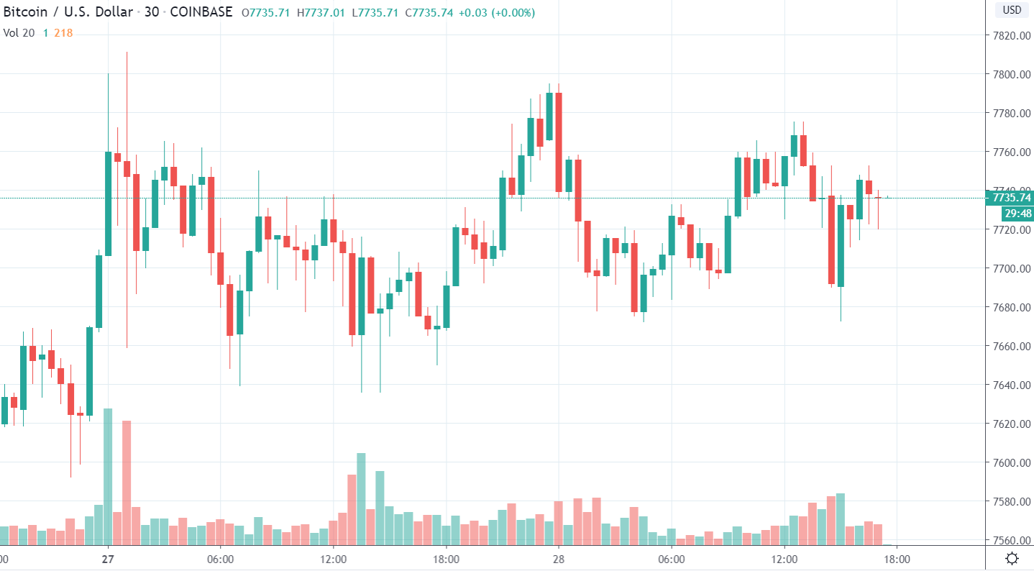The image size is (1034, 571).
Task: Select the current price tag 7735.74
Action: click(x=1011, y=198)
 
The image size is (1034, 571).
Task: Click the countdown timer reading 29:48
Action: click(x=1016, y=213)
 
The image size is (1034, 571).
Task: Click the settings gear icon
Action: click(x=1012, y=559)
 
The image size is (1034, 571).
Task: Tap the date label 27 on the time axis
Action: click(x=108, y=559)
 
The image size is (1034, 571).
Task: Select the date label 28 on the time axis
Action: click(x=558, y=559)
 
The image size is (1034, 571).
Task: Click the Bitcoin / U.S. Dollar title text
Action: click(x=70, y=13)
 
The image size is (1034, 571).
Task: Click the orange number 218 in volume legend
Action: click(x=63, y=32)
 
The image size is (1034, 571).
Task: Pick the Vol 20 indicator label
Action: click(x=19, y=32)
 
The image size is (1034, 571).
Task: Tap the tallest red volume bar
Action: click(x=127, y=482)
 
